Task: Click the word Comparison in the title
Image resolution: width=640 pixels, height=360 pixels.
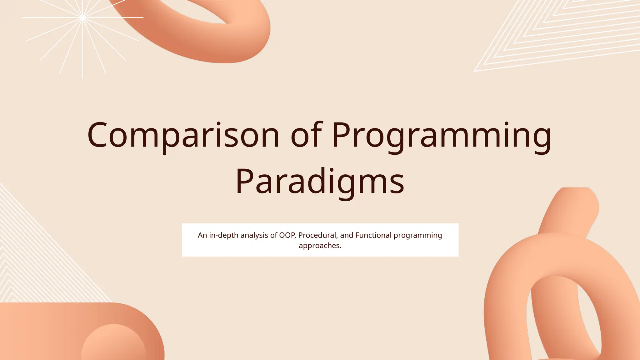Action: pos(183,135)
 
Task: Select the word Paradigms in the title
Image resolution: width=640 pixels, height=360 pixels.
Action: pos(320,181)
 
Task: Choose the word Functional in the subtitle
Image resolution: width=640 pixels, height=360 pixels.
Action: pos(373,235)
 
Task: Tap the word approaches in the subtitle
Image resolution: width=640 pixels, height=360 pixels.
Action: pos(319,246)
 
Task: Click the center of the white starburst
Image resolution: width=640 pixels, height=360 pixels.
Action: pos(83,17)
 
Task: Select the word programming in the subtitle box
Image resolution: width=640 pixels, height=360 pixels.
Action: pos(417,235)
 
